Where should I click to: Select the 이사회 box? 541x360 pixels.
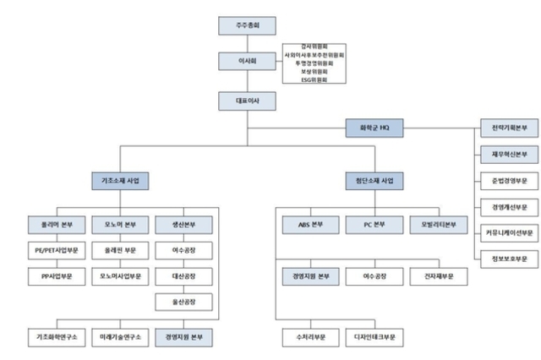247,62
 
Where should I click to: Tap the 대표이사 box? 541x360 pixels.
247,101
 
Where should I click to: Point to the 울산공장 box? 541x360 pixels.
183,302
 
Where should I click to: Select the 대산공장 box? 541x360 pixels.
183,276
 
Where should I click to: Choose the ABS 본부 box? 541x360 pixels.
310,225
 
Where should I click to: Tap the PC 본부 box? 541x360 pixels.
374,225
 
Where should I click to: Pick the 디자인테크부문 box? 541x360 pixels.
374,336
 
